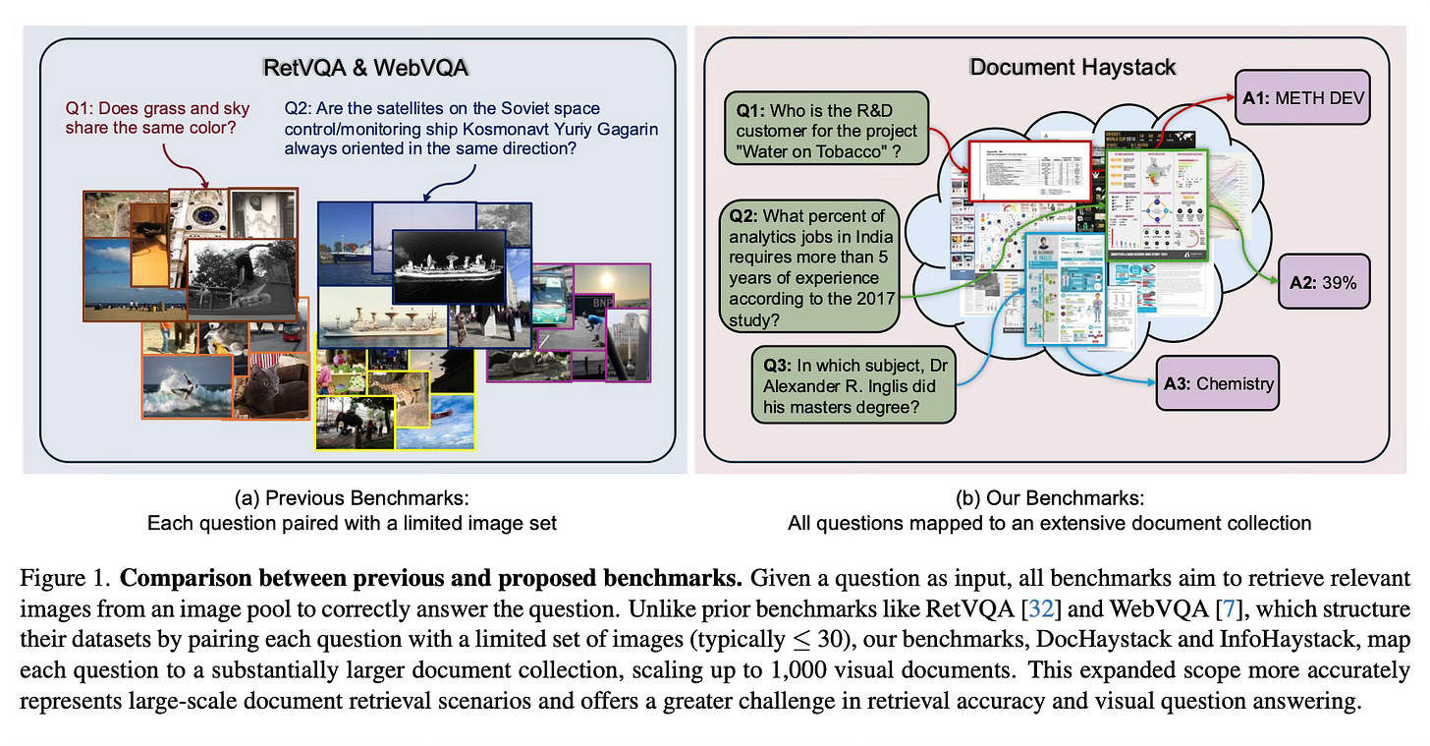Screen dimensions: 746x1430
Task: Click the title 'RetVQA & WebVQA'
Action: pos(365,68)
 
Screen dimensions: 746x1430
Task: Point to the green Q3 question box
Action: pos(850,383)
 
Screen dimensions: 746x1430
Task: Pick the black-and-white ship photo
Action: pos(449,264)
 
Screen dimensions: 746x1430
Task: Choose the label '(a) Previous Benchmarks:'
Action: pos(352,496)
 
